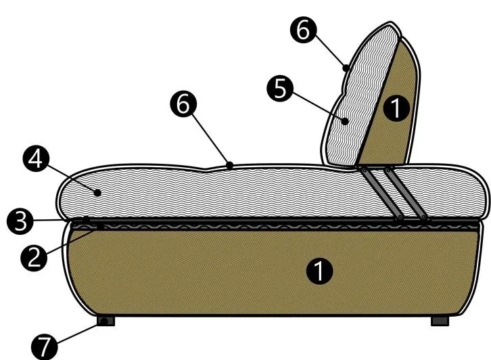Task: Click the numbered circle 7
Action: point(45,346)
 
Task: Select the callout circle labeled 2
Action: point(34,258)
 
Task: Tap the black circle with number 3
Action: point(20,221)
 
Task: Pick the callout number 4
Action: point(36,160)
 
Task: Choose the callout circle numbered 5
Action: point(280,89)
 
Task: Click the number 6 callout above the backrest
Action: point(303,30)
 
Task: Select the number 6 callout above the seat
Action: point(183,104)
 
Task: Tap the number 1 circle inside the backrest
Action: point(396,108)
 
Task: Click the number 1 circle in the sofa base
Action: point(319,271)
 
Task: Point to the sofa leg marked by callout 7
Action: point(106,321)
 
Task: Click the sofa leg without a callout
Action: point(440,321)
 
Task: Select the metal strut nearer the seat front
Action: point(381,194)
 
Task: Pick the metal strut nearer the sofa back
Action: point(406,194)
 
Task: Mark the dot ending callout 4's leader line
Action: point(97,193)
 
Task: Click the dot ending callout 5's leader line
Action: point(345,121)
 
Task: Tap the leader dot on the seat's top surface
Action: point(230,165)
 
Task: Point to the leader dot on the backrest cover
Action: point(346,68)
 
